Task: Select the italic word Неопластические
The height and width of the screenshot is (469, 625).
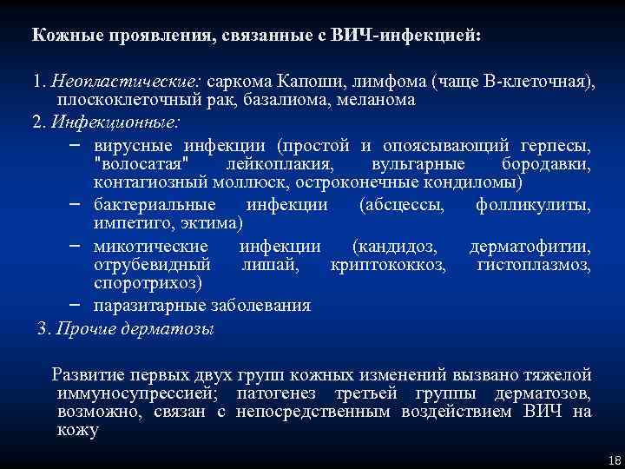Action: [x=124, y=82]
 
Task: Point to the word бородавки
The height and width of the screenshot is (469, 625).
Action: [x=547, y=163]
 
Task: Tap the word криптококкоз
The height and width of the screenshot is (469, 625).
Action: [x=388, y=264]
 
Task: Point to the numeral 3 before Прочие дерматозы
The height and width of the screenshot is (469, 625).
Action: [x=43, y=328]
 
